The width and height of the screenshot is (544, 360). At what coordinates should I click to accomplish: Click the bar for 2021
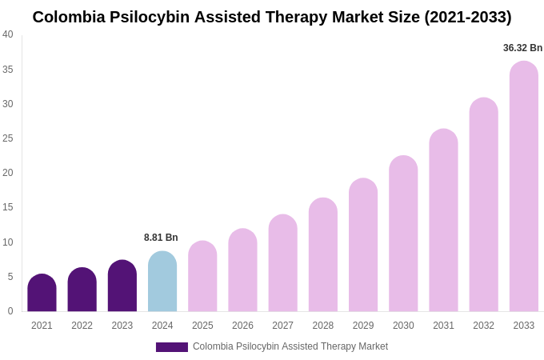[x=42, y=294]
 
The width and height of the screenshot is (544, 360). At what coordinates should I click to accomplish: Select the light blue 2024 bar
[x=162, y=282]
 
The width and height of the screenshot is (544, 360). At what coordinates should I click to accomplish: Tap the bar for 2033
[x=524, y=187]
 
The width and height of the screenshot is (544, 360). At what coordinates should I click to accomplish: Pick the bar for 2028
[x=323, y=255]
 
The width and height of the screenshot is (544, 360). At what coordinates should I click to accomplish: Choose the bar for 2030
[x=403, y=234]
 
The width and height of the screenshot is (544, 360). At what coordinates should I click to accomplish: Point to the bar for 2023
[x=122, y=286]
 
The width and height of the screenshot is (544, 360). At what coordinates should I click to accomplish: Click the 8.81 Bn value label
[x=161, y=238]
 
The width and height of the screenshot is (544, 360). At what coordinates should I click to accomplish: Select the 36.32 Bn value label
[x=522, y=48]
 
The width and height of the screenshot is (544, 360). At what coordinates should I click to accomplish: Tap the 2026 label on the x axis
[x=242, y=326]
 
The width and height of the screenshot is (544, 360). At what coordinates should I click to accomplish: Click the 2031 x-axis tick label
[x=443, y=326]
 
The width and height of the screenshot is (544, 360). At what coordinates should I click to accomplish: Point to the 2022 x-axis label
[x=82, y=326]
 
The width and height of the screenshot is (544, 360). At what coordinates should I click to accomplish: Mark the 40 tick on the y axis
[x=8, y=34]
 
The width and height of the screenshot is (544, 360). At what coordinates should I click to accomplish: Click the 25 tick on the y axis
[x=8, y=138]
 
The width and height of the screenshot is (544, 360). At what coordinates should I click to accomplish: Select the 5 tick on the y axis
[x=10, y=277]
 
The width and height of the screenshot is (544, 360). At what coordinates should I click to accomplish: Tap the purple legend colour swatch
[x=171, y=347]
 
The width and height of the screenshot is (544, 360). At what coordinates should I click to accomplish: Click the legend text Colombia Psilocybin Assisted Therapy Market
[x=290, y=346]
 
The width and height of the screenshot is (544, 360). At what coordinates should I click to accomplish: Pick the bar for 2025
[x=202, y=277]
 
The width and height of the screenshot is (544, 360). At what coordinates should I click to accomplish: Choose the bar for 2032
[x=483, y=206]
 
